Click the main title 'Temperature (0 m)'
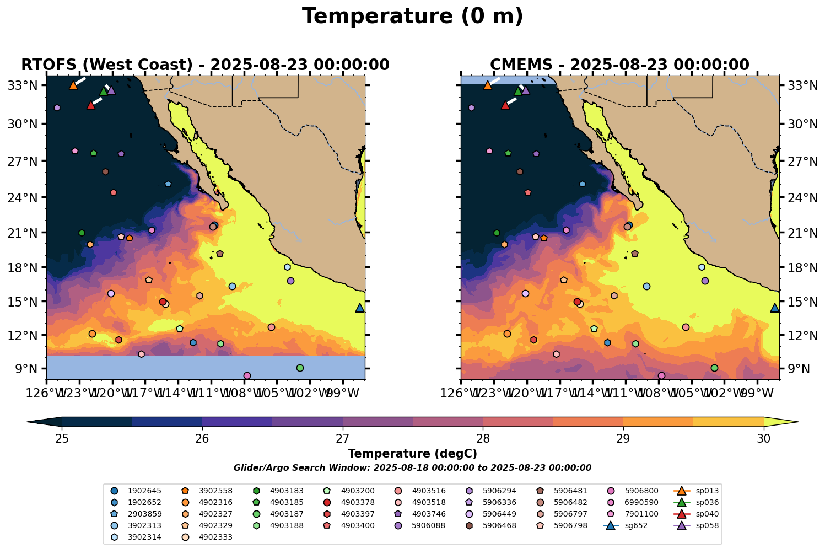412,17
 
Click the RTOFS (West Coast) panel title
205,65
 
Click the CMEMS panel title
619,65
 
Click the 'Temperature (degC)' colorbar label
412,454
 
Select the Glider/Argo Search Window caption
412,468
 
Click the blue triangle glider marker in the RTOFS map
360,308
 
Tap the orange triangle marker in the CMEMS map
487,85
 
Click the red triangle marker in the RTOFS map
91,105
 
